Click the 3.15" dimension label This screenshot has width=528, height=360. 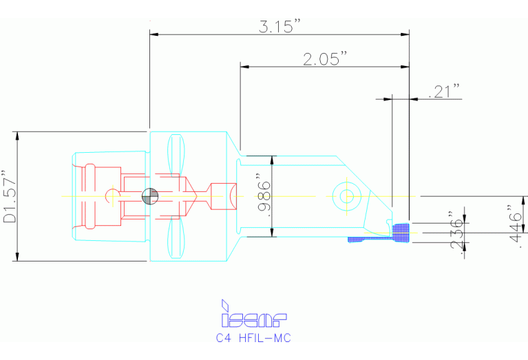[x=279, y=26]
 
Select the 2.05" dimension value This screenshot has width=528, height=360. [x=325, y=59]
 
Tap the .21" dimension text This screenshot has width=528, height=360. [x=444, y=92]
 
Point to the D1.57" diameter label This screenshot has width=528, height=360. [x=10, y=197]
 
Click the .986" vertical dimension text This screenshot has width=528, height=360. [x=264, y=196]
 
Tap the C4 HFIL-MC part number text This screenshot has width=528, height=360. [x=253, y=338]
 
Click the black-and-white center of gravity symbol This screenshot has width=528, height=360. [x=150, y=196]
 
